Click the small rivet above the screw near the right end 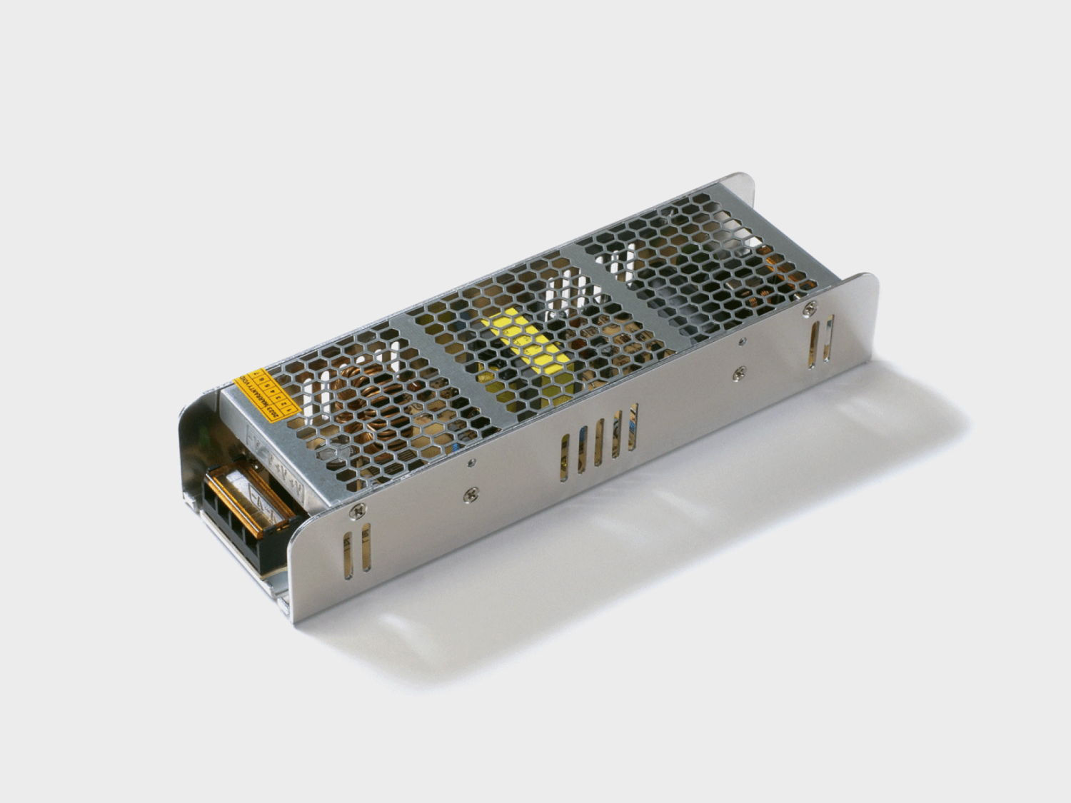click(x=743, y=343)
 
